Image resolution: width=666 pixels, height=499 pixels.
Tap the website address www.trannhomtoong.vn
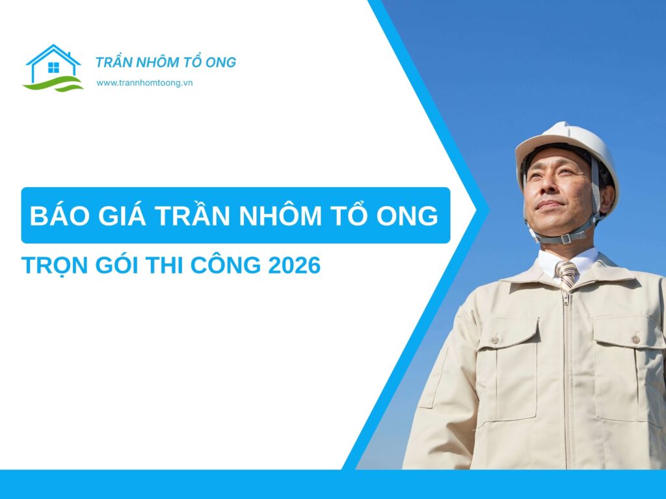[x=144, y=83]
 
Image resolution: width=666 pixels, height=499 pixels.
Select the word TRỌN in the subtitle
[x=53, y=266]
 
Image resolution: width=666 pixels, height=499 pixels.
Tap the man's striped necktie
[x=566, y=274]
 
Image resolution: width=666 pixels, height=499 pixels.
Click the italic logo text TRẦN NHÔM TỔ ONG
[x=166, y=62]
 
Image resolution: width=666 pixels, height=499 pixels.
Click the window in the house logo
[x=53, y=67]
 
